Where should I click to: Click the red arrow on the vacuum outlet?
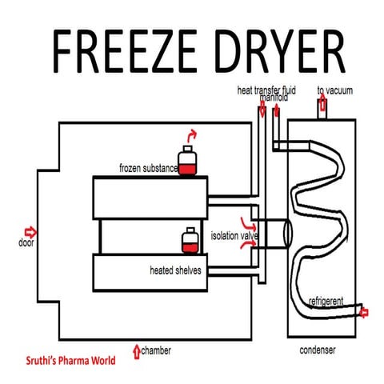pyautogui.click(x=322, y=104)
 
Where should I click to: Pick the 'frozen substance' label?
pyautogui.click(x=148, y=169)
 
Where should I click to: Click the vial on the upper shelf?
pyautogui.click(x=188, y=162)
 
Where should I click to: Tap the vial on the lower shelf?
pyautogui.click(x=189, y=242)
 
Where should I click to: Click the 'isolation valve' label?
pyautogui.click(x=234, y=236)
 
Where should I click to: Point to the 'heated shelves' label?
pyautogui.click(x=175, y=270)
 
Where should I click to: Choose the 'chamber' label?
pyautogui.click(x=158, y=350)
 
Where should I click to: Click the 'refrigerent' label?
pyautogui.click(x=326, y=301)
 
